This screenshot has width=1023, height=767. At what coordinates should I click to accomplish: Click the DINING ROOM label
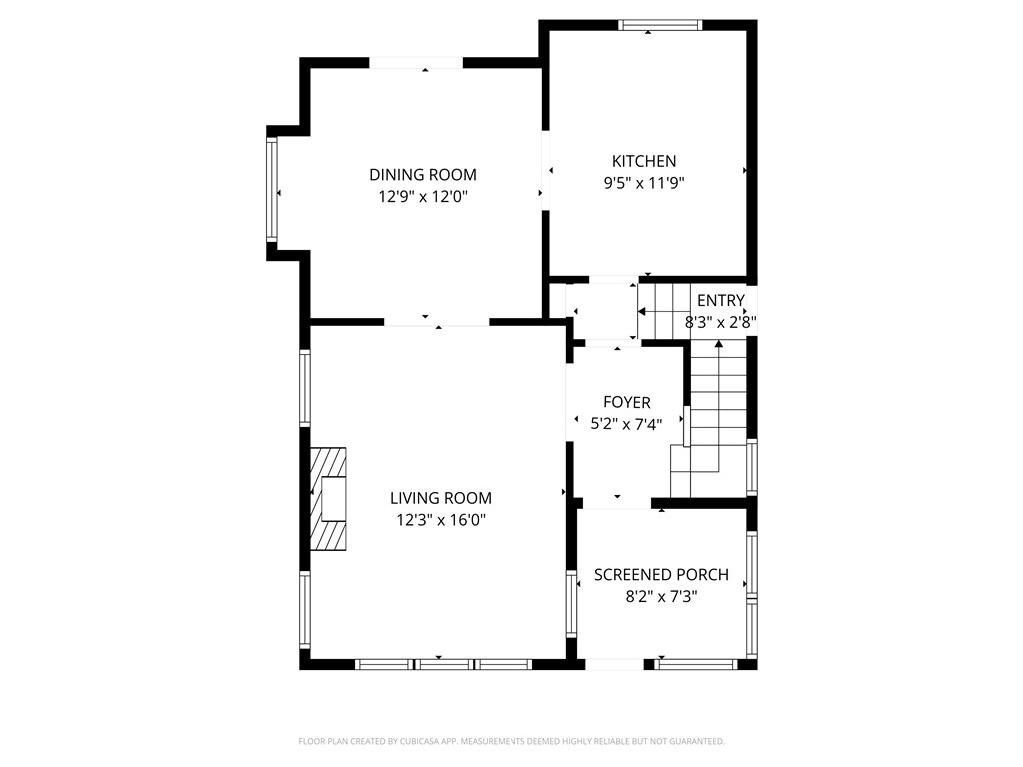[x=423, y=175]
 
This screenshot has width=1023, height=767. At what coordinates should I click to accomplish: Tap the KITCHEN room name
[x=644, y=161]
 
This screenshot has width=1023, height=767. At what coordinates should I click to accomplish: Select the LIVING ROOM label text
[x=441, y=498]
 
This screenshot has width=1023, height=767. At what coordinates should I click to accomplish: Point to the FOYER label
[x=626, y=402]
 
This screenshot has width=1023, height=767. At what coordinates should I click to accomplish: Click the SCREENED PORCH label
[x=661, y=575]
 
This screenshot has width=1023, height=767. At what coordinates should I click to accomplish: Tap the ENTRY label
[x=720, y=301]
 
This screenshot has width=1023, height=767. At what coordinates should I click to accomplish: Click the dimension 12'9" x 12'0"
[x=423, y=197]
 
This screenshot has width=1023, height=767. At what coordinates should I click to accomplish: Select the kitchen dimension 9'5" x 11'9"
[x=644, y=183]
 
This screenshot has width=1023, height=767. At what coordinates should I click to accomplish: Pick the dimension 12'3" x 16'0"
[x=441, y=520]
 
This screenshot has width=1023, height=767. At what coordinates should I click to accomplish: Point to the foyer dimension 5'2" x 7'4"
[x=626, y=423]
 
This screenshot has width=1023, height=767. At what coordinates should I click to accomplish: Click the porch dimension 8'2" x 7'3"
[x=661, y=597]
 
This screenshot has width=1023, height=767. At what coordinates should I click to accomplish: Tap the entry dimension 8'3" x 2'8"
[x=720, y=323]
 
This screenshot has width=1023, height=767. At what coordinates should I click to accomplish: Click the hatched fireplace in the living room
[x=328, y=498]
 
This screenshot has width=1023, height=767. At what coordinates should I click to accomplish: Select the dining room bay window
[x=271, y=190]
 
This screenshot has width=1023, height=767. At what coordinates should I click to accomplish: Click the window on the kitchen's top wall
[x=660, y=25]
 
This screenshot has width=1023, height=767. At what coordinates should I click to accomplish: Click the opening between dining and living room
[x=437, y=322]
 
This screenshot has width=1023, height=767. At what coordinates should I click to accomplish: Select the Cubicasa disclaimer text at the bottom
[x=511, y=741]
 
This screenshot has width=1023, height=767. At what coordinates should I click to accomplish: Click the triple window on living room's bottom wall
[x=444, y=663]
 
